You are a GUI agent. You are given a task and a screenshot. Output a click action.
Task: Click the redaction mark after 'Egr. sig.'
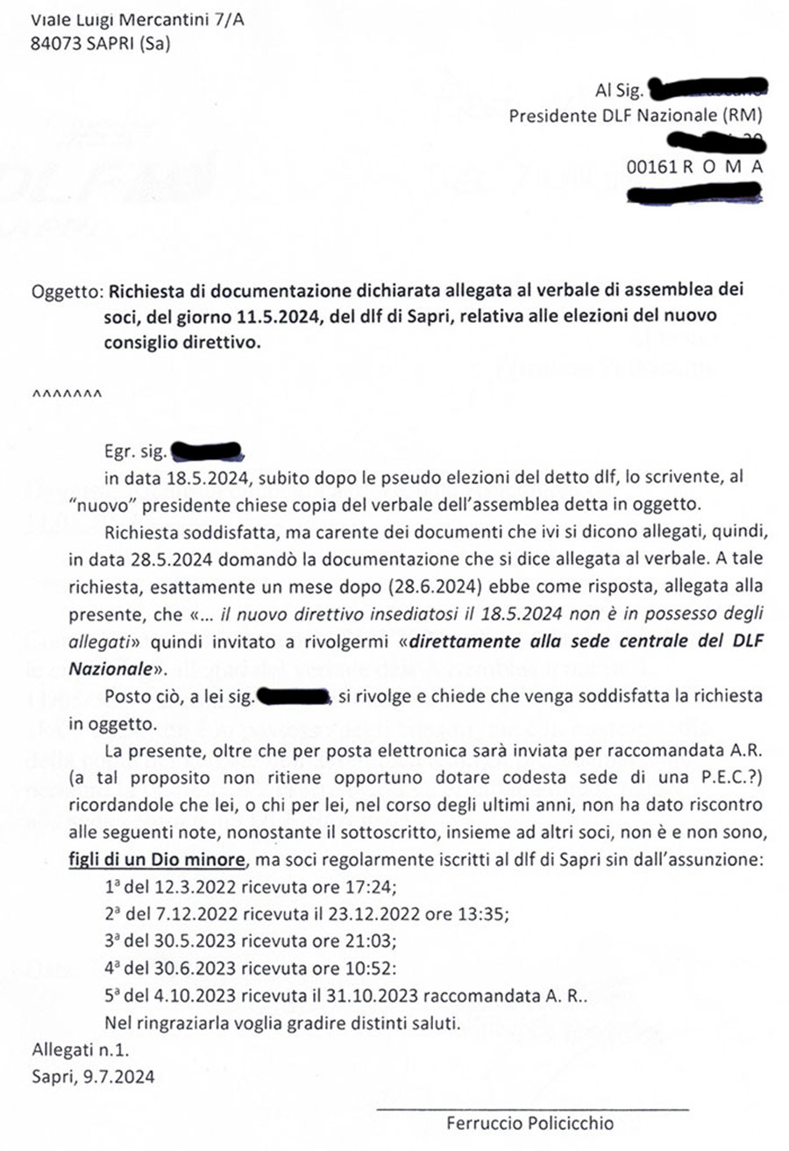(207, 452)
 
